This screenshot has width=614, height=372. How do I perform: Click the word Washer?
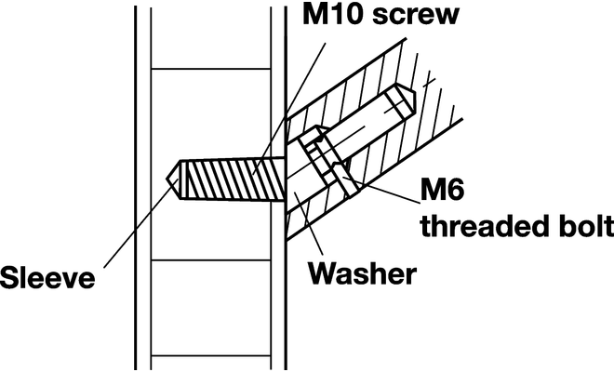362,274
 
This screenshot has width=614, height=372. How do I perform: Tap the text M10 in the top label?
328,17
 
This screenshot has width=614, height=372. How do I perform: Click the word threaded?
474,228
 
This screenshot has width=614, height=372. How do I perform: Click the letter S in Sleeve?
10,278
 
